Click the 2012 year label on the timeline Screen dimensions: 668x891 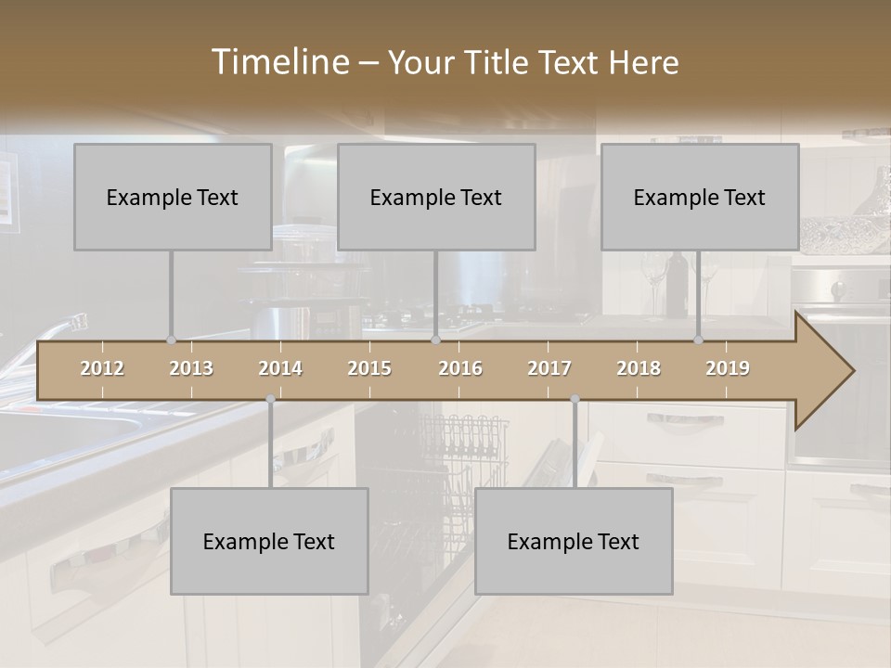[x=102, y=368]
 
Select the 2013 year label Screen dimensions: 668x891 [x=191, y=368]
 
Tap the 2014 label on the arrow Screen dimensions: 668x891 [x=280, y=368]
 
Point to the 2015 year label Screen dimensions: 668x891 [x=369, y=368]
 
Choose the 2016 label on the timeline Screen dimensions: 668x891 [x=460, y=368]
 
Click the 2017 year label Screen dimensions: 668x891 [x=549, y=368]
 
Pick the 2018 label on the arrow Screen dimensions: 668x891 [x=639, y=368]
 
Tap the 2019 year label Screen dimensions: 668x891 [x=728, y=368]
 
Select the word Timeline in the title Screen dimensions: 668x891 [x=279, y=62]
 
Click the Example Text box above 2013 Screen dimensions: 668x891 [x=173, y=197]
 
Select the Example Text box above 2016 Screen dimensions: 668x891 [x=436, y=197]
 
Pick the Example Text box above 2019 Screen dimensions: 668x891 [x=700, y=197]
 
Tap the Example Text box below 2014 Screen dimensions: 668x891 [x=269, y=541]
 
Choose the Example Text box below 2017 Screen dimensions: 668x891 [x=574, y=541]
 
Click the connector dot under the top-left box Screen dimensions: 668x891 [x=171, y=340]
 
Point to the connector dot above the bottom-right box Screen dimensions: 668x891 [x=575, y=399]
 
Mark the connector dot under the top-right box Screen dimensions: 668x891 [x=699, y=340]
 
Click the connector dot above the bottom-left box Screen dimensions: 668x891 [x=270, y=399]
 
